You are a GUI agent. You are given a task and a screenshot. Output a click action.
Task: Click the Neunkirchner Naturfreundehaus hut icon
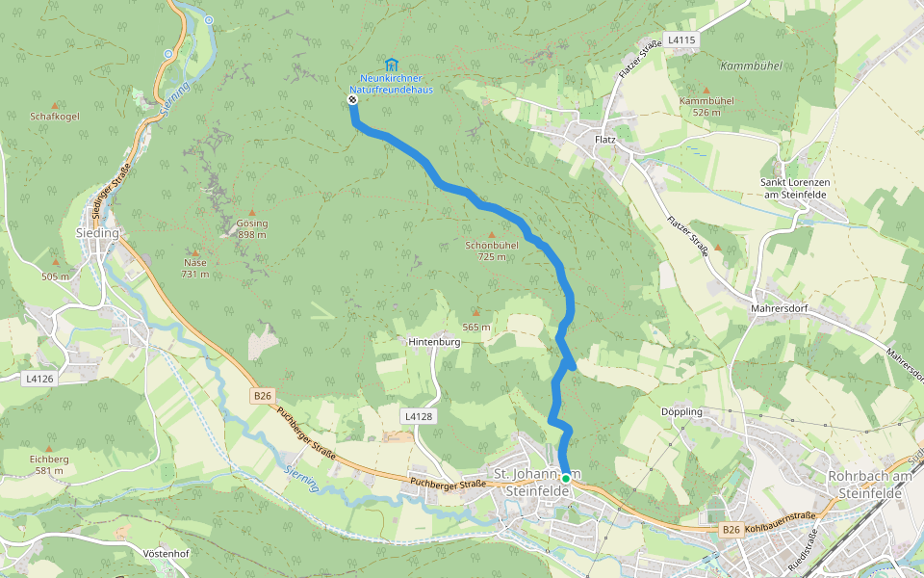pos(391,64)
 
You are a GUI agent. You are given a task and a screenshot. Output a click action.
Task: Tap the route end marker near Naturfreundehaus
pos(352,99)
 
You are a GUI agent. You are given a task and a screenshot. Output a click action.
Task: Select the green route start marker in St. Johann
pos(566,478)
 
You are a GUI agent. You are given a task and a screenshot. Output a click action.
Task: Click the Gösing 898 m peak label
pos(252,228)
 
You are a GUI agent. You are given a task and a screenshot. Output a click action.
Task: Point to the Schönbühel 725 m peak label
pos(492,250)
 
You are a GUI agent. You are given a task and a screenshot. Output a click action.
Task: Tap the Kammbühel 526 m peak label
pos(706,106)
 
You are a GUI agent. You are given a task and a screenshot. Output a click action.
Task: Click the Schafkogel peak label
pos(55,116)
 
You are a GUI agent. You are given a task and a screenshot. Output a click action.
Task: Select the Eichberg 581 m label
pos(49,464)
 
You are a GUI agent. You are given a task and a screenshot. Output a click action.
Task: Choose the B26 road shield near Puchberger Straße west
pos(263,395)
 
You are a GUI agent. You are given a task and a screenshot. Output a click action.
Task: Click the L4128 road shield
pos(419,415)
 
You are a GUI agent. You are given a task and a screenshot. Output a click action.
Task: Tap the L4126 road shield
pos(39,379)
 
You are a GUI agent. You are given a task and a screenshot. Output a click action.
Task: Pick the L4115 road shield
pos(680,39)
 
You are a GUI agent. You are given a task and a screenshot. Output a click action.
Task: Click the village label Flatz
pos(605,140)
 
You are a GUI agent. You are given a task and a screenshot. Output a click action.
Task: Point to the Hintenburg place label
pos(434,342)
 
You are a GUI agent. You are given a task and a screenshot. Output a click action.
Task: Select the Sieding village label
pos(97,233)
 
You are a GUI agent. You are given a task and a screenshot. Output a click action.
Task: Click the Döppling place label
pos(682,411)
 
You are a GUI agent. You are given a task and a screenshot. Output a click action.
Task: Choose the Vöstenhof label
pos(166,554)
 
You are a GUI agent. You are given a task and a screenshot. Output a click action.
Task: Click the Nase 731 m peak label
pos(195,268)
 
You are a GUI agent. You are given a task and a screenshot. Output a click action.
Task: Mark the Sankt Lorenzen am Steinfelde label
pos(793,189)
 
